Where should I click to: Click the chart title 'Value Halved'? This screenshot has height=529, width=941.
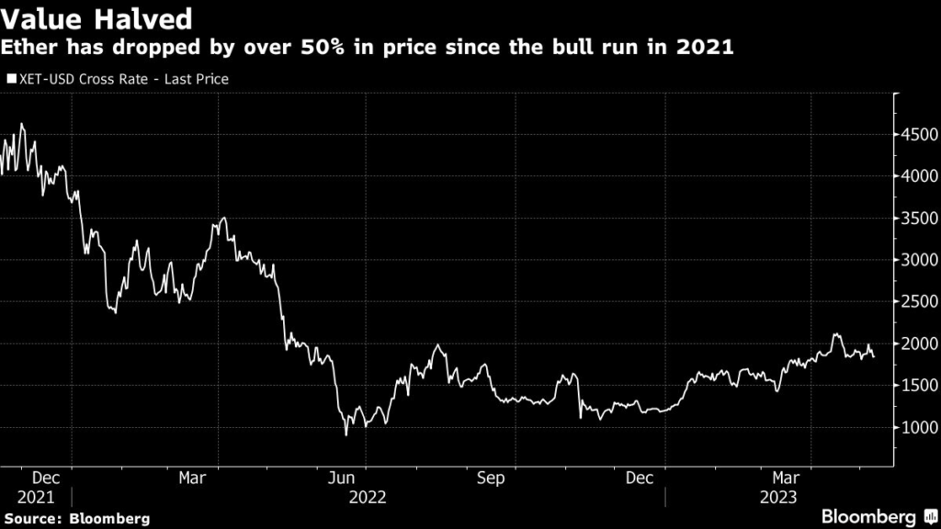pyautogui.click(x=96, y=17)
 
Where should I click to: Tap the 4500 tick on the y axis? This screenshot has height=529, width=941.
pyautogui.click(x=918, y=134)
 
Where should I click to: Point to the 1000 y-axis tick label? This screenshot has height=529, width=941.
pyautogui.click(x=918, y=428)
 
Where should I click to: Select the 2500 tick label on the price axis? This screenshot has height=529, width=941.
pyautogui.click(x=918, y=302)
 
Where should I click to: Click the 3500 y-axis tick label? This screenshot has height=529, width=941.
pyautogui.click(x=918, y=219)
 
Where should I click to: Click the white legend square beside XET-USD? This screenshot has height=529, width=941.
pyautogui.click(x=11, y=79)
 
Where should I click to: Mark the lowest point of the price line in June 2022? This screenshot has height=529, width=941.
pyautogui.click(x=346, y=434)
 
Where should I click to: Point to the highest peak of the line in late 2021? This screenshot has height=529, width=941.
pyautogui.click(x=22, y=124)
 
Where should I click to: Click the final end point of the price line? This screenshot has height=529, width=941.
pyautogui.click(x=873, y=357)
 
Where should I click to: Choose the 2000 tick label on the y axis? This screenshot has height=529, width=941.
pyautogui.click(x=918, y=344)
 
